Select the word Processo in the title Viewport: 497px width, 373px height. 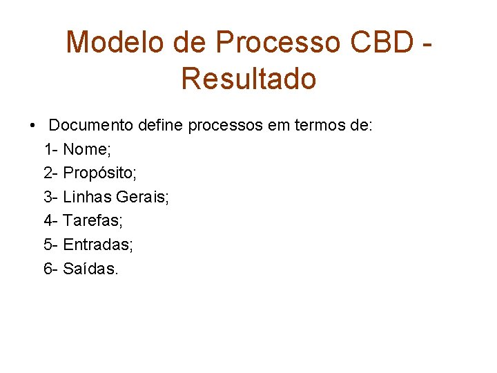pos(278,43)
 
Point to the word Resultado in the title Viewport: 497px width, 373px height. pos(248,79)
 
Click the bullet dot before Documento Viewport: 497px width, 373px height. pos(33,126)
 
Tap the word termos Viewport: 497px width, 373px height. pos(313,126)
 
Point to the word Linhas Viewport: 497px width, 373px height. pos(87,198)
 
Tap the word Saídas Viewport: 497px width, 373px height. pos(90,268)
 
